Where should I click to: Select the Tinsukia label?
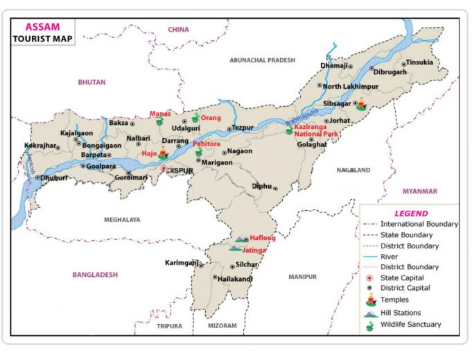[419, 62]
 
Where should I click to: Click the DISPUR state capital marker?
[164, 169]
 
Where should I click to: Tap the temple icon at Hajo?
[164, 153]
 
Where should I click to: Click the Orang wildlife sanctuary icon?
[195, 118]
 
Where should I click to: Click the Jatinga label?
[255, 249]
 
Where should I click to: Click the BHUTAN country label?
[92, 82]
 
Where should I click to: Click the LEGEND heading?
[411, 214]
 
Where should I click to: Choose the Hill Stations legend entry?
[400, 313]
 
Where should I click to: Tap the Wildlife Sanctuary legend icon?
[370, 325]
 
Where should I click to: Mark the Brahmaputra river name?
[304, 116]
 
